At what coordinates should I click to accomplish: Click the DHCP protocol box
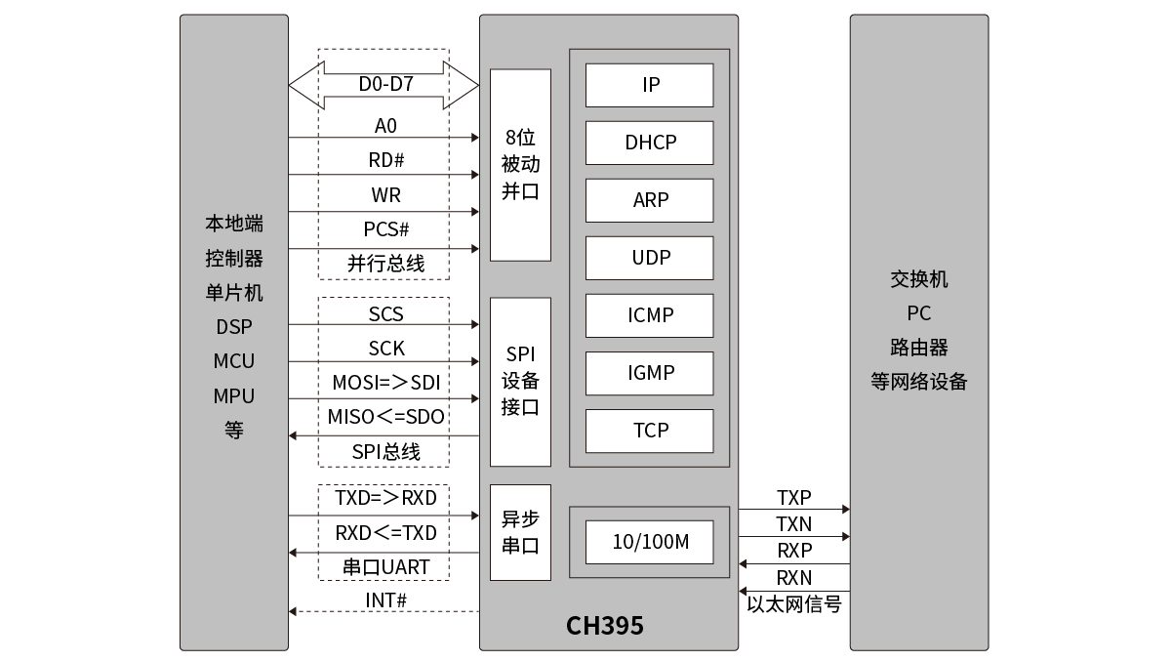coord(649,143)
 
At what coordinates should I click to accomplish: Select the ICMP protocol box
coord(649,316)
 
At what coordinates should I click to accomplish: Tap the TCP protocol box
coord(649,431)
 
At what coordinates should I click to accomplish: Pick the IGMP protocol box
coord(649,373)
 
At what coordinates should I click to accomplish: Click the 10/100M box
coord(649,542)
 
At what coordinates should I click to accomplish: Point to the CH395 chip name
coord(605,626)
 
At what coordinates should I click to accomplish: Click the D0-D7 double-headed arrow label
coord(385,84)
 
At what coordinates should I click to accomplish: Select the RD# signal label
coord(385,160)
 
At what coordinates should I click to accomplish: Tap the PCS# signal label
coord(385,229)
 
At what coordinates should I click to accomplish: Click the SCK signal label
coord(386,349)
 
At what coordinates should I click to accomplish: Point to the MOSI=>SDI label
coord(386,383)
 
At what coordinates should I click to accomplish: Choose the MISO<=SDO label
coord(385,417)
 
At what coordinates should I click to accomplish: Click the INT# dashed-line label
coord(385,600)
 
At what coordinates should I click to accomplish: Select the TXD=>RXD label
coord(385,498)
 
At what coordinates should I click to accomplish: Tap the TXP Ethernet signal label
coord(793,498)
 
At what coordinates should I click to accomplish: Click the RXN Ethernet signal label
coord(794,578)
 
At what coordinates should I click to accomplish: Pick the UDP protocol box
coord(649,259)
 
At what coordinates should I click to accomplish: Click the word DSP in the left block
coord(234,327)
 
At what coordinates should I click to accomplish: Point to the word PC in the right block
coord(919,313)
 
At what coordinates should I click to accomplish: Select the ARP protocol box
coord(649,200)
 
